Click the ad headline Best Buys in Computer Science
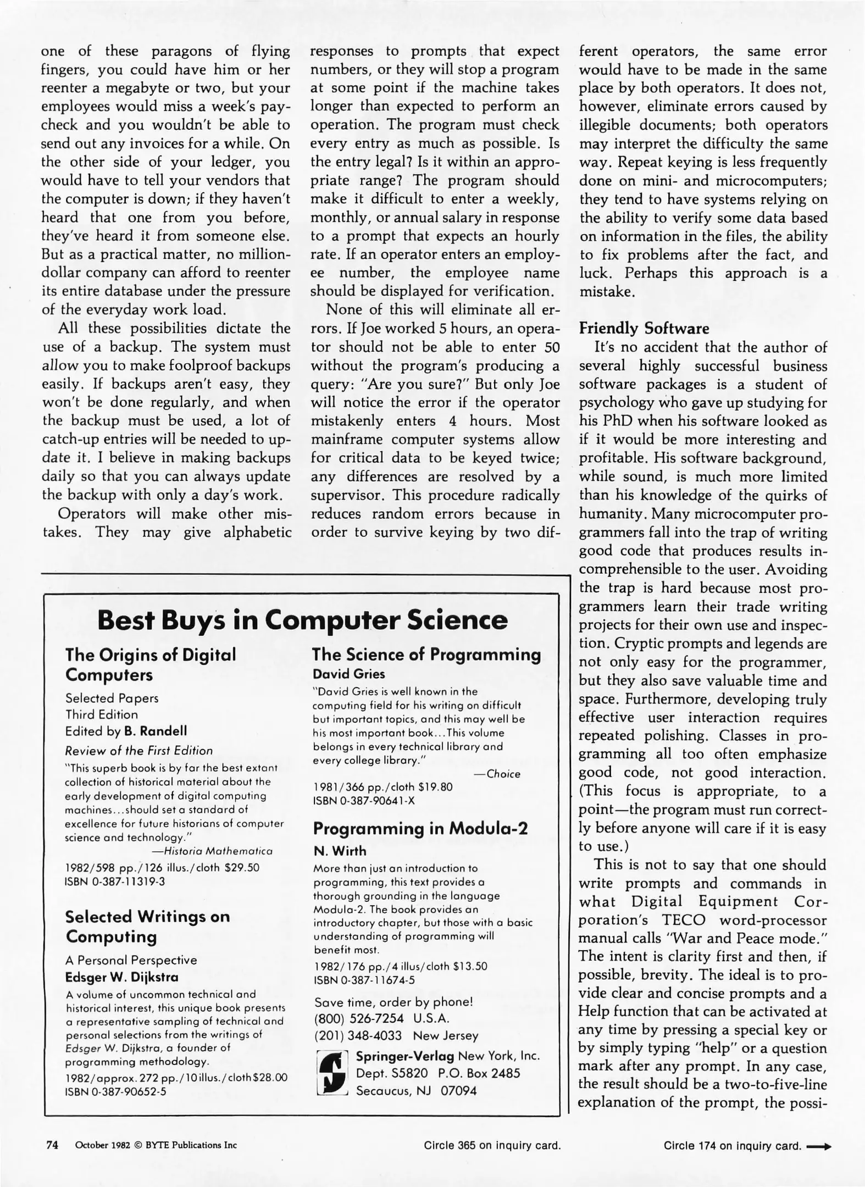pyautogui.click(x=302, y=620)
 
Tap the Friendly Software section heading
pyautogui.click(x=644, y=329)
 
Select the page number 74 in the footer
pyautogui.click(x=52, y=1145)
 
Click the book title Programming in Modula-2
pyautogui.click(x=420, y=828)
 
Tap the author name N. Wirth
pyautogui.click(x=339, y=851)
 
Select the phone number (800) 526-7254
pyautogui.click(x=358, y=1017)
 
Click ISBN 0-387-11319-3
pyautogui.click(x=114, y=881)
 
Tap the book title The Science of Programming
pyautogui.click(x=426, y=654)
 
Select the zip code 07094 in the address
pyautogui.click(x=458, y=1091)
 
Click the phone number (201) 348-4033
pyautogui.click(x=358, y=1035)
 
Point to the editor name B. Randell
pyautogui.click(x=156, y=731)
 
